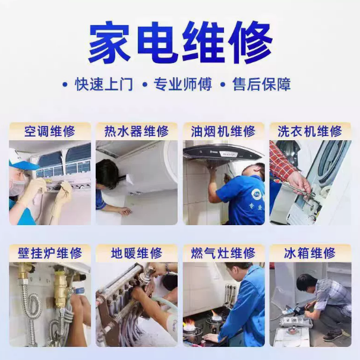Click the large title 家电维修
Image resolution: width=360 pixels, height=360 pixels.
click(x=180, y=43)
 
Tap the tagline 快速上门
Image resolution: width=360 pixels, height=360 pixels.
click(x=103, y=84)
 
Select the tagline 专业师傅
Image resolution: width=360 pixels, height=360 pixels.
click(x=182, y=84)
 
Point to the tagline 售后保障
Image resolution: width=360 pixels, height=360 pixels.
click(x=261, y=84)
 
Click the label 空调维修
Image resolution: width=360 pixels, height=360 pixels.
click(x=50, y=131)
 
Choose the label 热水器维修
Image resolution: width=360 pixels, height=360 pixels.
click(x=137, y=131)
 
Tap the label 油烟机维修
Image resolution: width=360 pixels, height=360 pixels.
click(x=223, y=131)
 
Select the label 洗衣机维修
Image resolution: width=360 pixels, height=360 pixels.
click(x=310, y=131)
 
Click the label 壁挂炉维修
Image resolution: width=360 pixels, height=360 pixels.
click(x=50, y=253)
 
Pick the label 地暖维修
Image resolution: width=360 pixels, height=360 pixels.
click(x=137, y=253)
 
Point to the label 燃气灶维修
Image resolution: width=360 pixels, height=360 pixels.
click(x=223, y=253)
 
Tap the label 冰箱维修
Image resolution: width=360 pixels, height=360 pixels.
click(x=310, y=253)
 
